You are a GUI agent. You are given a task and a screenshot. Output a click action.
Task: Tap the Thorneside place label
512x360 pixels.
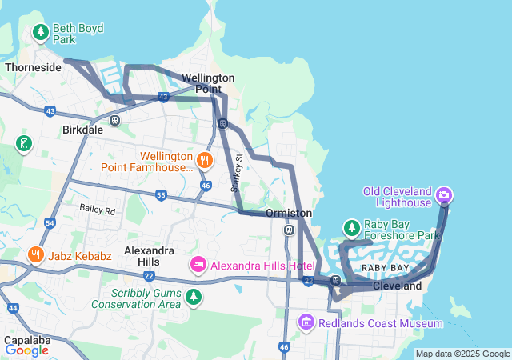(x=33, y=67)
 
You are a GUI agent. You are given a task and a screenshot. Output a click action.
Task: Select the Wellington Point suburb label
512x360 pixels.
(x=208, y=83)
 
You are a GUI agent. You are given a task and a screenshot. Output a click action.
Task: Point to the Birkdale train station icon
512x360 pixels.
(x=115, y=120)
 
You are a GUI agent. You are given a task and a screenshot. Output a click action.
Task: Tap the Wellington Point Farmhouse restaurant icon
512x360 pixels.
(x=205, y=160)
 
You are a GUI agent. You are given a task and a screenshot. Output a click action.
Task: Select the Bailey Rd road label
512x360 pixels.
(x=98, y=210)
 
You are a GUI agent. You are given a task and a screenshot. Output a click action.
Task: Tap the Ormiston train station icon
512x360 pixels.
(x=289, y=230)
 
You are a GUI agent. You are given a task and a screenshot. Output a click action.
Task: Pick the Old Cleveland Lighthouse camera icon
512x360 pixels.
(x=444, y=194)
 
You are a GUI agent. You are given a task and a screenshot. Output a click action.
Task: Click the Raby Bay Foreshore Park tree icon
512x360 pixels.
(x=351, y=228)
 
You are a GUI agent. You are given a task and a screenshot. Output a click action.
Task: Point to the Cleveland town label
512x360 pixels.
(x=397, y=286)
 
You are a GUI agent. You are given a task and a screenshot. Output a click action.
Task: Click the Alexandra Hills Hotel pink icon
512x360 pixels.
(x=198, y=264)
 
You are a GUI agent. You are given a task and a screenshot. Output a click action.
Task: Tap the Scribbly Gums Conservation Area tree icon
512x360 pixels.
(x=193, y=297)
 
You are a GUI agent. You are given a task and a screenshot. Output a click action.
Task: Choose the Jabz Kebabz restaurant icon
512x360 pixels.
(x=35, y=255)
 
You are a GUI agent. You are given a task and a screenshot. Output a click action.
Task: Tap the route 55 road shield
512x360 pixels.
(x=161, y=194)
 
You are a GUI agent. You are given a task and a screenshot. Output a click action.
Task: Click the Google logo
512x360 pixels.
(x=26, y=350)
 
